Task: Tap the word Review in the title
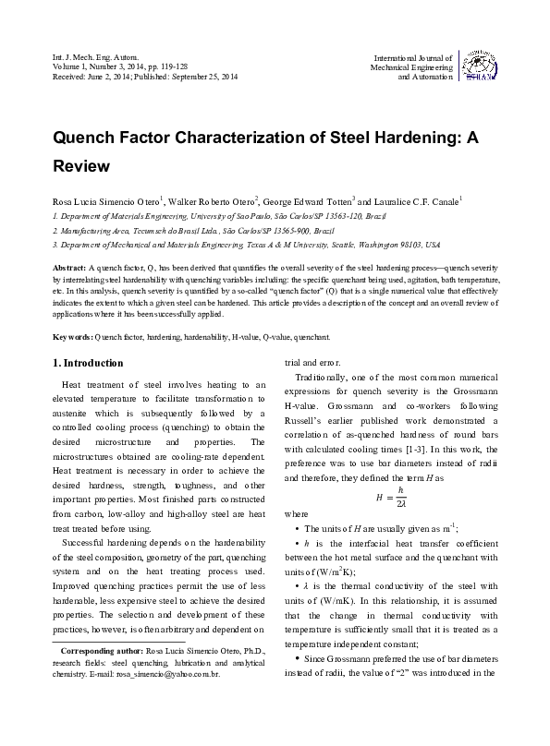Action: pyautogui.click(x=81, y=167)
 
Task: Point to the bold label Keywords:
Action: pyautogui.click(x=73, y=312)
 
